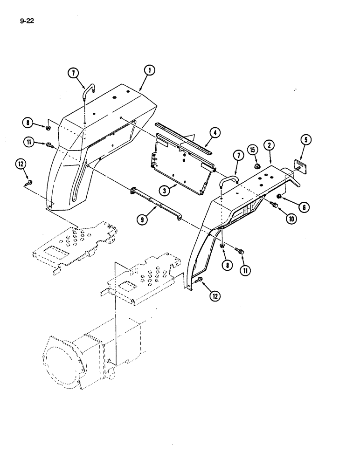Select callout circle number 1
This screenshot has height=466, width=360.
coord(149,70)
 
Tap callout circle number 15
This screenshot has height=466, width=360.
coord(253,150)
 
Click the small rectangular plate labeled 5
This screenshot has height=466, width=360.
coord(298,165)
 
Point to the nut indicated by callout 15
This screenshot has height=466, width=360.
coord(256,166)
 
